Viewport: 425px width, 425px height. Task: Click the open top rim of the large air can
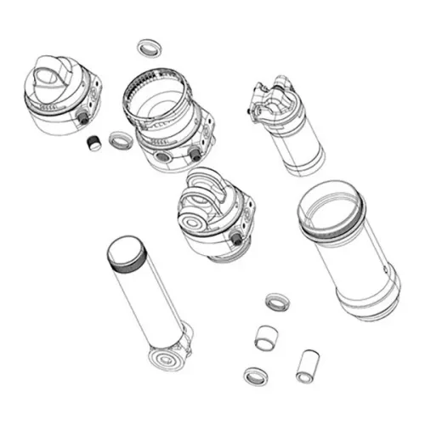[331, 204]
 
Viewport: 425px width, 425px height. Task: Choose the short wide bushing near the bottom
[268, 337]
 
